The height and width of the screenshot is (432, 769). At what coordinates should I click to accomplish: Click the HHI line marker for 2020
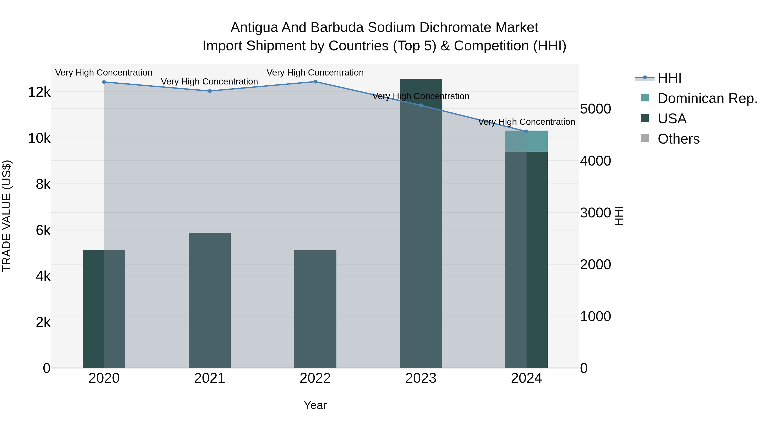pos(104,82)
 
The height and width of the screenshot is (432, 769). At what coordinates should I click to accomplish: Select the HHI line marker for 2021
pos(210,91)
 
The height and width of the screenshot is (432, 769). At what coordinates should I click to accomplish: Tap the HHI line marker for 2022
pos(315,81)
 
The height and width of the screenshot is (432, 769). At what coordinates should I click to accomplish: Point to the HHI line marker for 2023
pos(421,105)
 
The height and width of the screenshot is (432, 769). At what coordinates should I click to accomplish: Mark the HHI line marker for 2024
pos(527,131)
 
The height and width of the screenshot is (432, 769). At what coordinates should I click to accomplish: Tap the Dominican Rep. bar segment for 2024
pos(527,141)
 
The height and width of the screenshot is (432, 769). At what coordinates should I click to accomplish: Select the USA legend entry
pos(672,119)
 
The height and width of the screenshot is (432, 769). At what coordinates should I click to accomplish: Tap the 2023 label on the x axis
pos(421,378)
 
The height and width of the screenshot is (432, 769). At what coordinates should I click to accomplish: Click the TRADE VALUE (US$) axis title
pos(7,216)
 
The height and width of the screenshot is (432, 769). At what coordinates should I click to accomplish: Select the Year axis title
pos(315,405)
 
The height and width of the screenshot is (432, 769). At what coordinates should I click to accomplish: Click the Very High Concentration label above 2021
pos(209,81)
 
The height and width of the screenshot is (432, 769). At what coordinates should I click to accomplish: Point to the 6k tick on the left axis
pos(43,230)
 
